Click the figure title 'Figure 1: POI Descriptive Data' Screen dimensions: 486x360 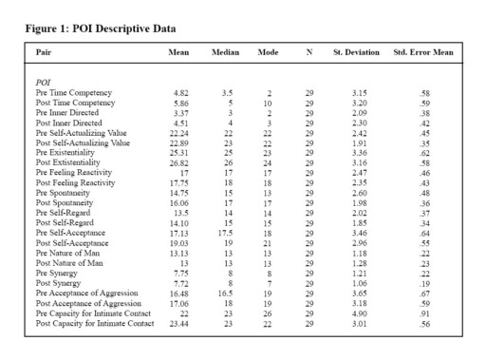[100, 28]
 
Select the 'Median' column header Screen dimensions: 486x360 [225, 51]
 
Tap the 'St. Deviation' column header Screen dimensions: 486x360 [355, 51]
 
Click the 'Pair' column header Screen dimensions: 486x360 [44, 51]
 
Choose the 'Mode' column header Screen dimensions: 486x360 [269, 51]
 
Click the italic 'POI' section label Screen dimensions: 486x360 [44, 84]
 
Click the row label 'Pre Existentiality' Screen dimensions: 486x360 [69, 149]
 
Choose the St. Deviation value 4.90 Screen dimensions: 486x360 [358, 313]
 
